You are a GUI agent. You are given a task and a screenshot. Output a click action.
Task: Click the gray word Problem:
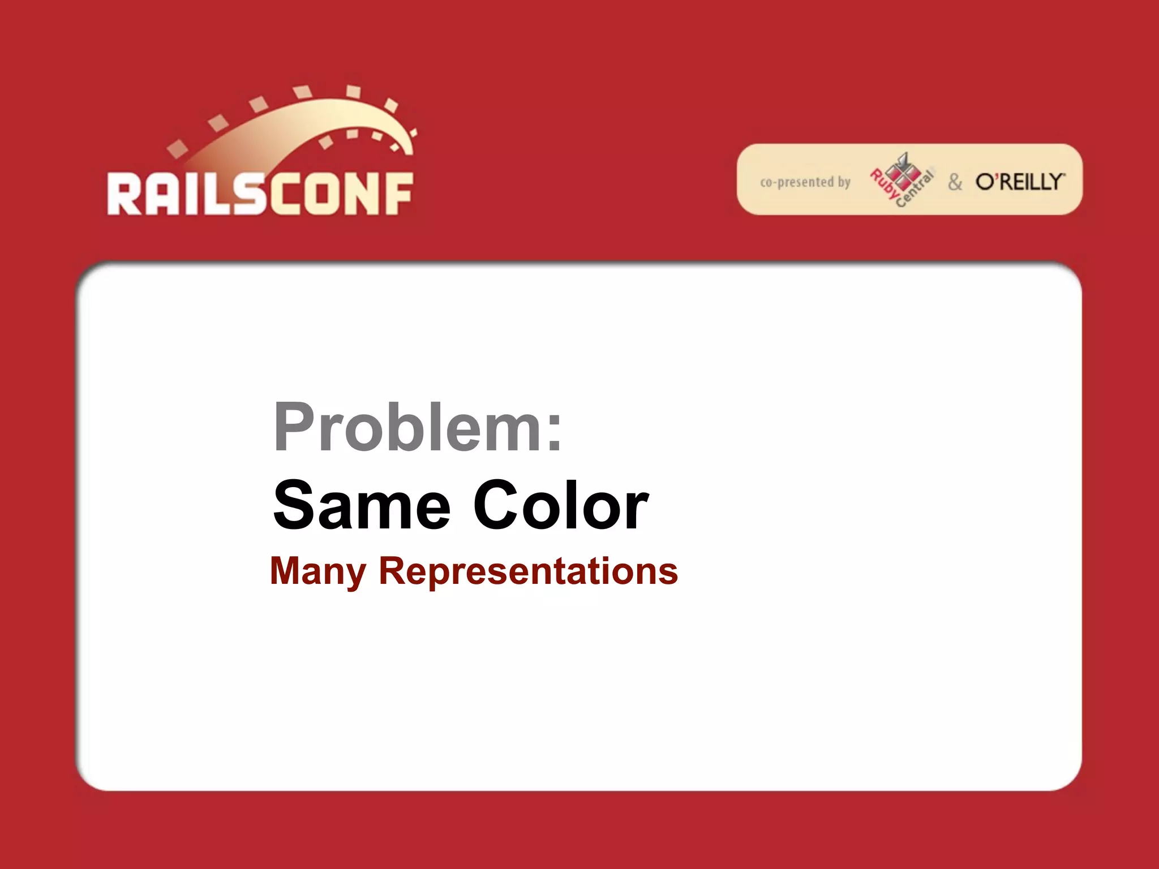coord(418,427)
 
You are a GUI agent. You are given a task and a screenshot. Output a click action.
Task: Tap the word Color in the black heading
coord(560,505)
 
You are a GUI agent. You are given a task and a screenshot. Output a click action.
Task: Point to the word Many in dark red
coord(318,571)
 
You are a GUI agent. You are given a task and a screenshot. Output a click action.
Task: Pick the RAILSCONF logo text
coord(260,194)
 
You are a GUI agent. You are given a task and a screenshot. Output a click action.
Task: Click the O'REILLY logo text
coord(1020,182)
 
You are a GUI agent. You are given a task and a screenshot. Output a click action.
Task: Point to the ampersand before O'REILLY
coord(955,182)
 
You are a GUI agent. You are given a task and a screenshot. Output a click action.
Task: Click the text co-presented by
coord(805,182)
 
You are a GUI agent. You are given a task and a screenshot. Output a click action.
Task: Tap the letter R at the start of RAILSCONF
coord(124,194)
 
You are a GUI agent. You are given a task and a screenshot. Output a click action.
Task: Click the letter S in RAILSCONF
coord(250,194)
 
